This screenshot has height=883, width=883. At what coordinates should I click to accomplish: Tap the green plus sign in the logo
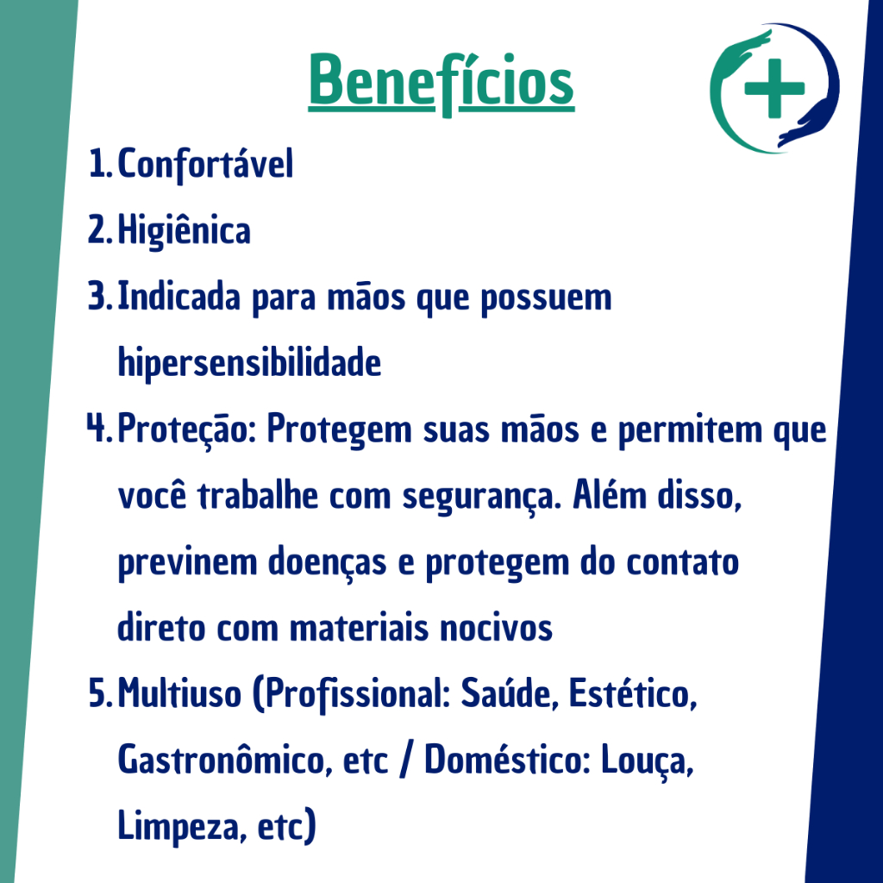774,89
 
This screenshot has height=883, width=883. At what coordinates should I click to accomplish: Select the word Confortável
205,164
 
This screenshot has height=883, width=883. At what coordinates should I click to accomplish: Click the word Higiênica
185,231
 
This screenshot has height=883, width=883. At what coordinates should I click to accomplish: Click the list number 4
97,428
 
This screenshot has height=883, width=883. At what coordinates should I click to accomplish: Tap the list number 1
97,164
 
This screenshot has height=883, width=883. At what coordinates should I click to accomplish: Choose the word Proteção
183,429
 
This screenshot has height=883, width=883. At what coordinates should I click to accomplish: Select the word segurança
479,498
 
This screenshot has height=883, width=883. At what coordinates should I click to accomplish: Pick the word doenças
327,562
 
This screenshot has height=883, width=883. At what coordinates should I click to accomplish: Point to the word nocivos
496,628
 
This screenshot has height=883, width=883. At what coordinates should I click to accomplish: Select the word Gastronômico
222,759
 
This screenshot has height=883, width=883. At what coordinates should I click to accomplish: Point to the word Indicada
178,297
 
